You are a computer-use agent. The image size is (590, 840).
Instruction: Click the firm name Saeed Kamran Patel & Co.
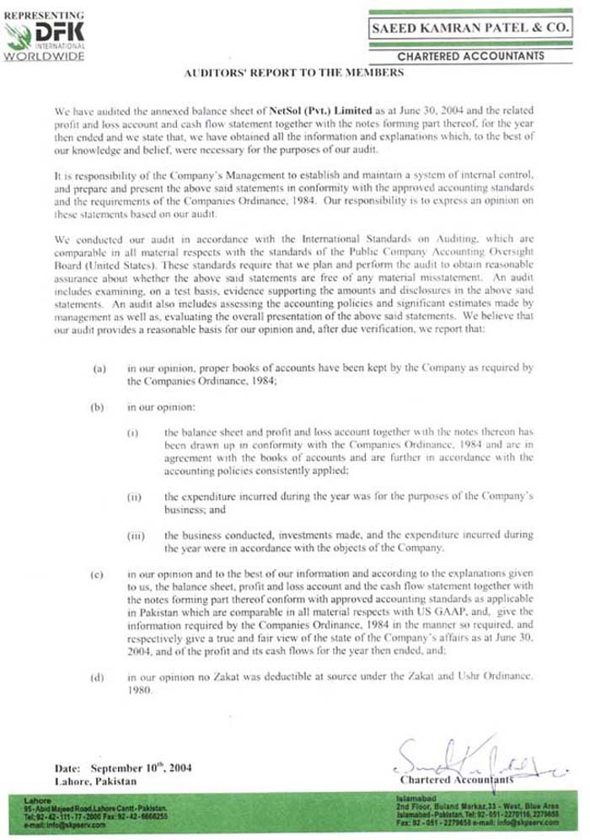click(469, 28)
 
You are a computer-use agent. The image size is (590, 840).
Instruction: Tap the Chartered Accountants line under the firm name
click(470, 56)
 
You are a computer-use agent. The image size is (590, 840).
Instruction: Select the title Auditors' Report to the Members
click(294, 74)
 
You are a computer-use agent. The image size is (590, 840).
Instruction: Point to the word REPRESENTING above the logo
click(43, 14)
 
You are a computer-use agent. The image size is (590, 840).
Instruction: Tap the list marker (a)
click(99, 368)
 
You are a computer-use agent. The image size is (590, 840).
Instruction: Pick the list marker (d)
click(99, 677)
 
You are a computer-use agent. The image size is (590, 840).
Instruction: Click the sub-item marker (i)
click(132, 432)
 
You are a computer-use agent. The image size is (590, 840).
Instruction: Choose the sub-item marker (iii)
click(134, 535)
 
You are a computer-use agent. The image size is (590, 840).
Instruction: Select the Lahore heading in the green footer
click(38, 799)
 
